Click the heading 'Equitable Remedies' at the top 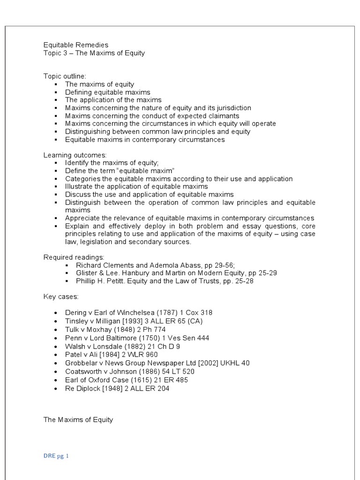click(76, 45)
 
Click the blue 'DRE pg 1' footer click(56, 455)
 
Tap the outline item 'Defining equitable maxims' click(107, 92)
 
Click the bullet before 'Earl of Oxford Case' click(56, 380)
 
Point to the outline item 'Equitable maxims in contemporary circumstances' click(145, 139)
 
